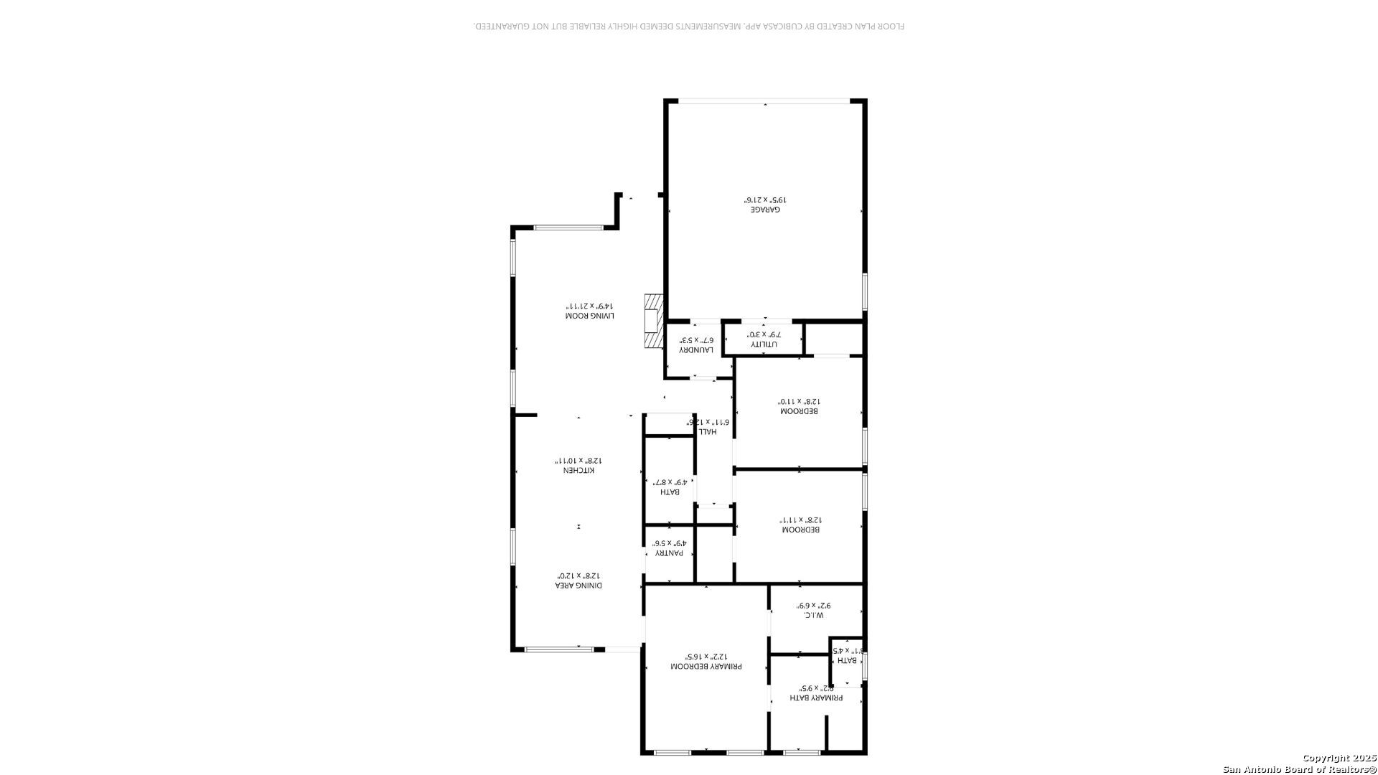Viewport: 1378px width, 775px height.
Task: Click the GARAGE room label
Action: [765, 210]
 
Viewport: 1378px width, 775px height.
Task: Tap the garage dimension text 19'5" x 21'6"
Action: [765, 199]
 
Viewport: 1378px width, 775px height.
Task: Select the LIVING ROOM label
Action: [590, 316]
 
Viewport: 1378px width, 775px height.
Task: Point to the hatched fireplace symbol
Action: [653, 321]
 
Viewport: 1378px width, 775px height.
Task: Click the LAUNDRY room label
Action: [696, 349]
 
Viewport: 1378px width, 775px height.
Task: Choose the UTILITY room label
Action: [764, 344]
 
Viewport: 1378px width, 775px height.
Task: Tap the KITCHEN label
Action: [578, 470]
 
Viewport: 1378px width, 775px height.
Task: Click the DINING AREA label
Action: [578, 586]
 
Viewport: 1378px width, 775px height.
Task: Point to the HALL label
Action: [708, 431]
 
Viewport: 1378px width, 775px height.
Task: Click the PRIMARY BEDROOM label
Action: [706, 667]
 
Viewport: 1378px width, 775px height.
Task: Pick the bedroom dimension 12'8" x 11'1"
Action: [800, 520]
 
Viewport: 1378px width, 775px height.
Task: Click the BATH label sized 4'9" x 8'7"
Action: [669, 492]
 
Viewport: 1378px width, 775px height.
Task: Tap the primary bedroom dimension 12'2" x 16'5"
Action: [706, 656]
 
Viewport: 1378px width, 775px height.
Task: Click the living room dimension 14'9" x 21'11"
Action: [590, 305]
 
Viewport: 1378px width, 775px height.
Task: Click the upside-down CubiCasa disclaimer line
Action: [689, 27]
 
